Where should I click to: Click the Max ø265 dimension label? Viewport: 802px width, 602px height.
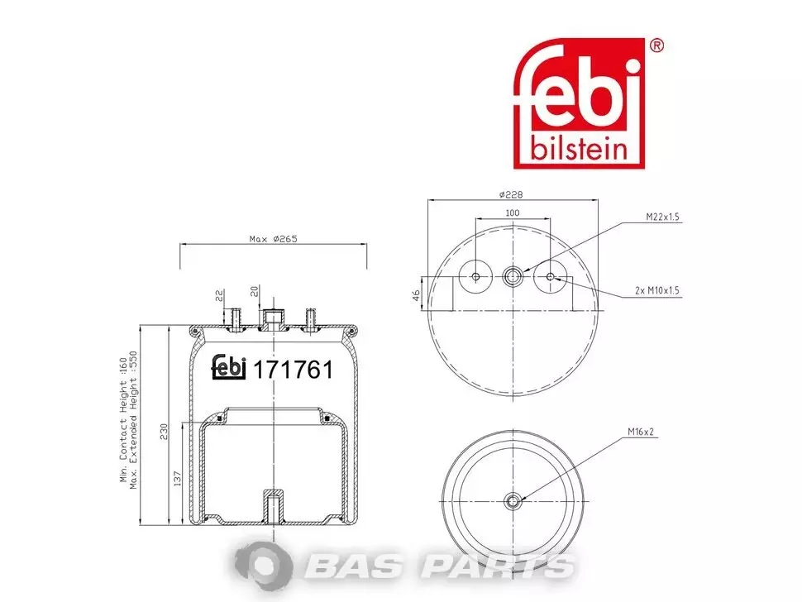point(273,239)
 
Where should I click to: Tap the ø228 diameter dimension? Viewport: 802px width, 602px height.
point(511,195)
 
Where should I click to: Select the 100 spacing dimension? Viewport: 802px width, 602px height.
point(512,213)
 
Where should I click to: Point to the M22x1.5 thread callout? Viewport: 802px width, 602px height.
point(662,217)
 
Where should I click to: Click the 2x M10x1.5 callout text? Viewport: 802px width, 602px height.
point(656,290)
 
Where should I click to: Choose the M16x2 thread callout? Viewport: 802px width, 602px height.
point(641,432)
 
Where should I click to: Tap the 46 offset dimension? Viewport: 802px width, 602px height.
point(417,295)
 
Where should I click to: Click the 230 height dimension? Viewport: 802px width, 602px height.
point(164,432)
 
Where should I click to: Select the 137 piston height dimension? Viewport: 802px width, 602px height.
point(178,479)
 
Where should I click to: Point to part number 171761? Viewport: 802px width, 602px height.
point(293,370)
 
